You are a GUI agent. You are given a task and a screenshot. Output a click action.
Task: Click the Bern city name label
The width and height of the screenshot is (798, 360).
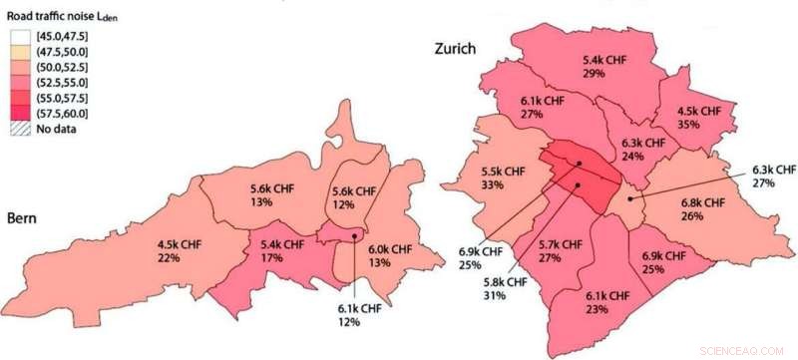[x=27, y=217]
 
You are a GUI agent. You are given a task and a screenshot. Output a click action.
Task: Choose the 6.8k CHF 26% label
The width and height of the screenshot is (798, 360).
[x=703, y=209]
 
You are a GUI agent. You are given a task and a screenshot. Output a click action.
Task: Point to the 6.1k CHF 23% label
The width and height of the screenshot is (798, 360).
[x=606, y=302]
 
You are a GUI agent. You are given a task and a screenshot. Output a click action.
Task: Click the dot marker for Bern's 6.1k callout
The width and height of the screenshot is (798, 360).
[x=354, y=236]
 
